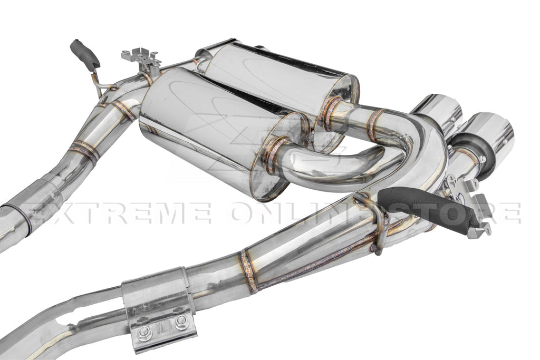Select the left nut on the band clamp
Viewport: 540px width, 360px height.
click(143, 333)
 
